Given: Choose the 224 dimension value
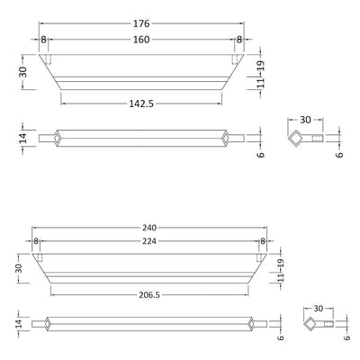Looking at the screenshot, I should pos(149,241).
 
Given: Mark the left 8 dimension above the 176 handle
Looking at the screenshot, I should pos(43,39).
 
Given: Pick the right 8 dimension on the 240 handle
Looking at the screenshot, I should pos(263,241).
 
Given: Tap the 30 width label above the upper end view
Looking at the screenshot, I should pos(304,120).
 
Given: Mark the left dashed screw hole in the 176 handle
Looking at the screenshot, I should pos(51,59).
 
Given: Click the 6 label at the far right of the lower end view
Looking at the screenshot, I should pos(346,339).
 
